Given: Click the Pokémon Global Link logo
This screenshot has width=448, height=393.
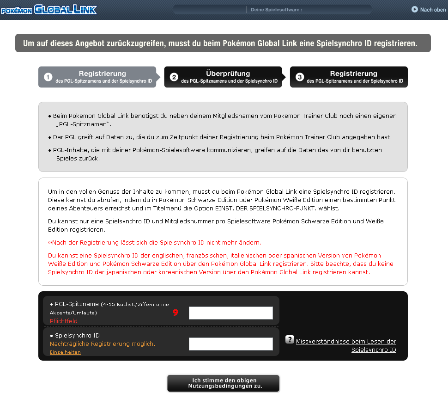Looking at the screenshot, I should [48, 9].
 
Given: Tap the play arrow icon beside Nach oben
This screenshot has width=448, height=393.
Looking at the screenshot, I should [415, 9].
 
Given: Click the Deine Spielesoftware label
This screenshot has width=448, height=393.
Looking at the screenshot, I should [276, 10].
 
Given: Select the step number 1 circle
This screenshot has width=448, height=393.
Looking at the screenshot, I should [48, 77].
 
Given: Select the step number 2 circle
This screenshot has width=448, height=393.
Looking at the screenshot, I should [174, 77].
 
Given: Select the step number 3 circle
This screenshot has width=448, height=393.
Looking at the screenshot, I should [300, 77].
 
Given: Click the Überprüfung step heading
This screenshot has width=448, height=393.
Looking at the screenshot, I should [228, 74].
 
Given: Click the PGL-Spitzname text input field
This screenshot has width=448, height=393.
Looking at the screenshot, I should [231, 313].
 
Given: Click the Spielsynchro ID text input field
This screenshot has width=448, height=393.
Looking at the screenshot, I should [231, 344].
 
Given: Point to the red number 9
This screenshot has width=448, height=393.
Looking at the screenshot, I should [176, 313].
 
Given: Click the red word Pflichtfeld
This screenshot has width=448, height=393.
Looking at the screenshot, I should [64, 321].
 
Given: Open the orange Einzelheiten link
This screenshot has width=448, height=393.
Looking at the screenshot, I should [65, 352].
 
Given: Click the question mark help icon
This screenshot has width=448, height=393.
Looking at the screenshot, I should [290, 340].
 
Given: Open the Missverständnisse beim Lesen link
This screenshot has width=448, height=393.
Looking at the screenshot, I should [346, 342].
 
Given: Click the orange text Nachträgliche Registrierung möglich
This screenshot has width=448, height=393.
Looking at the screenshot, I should [103, 344].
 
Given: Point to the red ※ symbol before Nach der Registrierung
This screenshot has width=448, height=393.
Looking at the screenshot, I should [50, 243].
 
